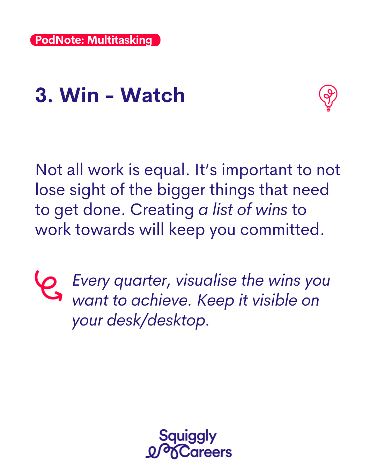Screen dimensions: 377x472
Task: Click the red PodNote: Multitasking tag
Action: coord(95,40)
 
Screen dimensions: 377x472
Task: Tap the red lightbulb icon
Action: coord(328,98)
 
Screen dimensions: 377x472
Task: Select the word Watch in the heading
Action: coord(153,95)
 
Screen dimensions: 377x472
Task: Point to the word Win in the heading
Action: coord(79,95)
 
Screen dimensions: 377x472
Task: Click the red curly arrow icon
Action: coord(49,286)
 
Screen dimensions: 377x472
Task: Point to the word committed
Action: coord(282,230)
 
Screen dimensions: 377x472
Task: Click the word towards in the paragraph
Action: coord(105,230)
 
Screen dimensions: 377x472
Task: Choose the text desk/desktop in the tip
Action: coord(158,321)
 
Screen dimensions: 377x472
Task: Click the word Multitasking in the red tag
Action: coord(120,40)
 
